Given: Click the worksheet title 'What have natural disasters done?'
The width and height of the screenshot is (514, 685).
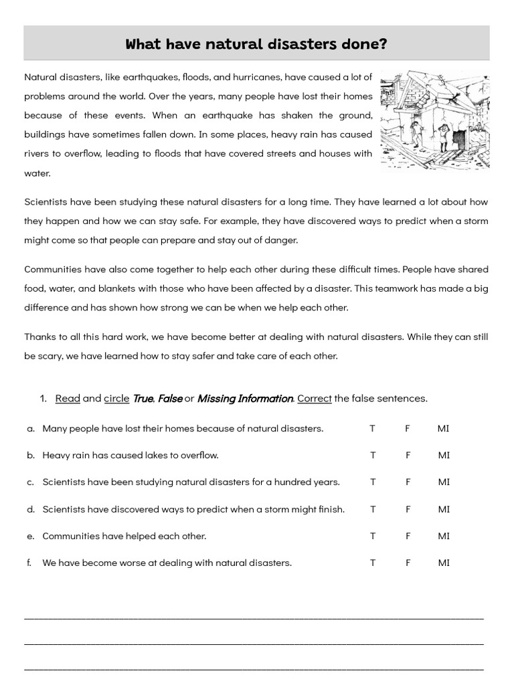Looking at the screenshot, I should [256, 44].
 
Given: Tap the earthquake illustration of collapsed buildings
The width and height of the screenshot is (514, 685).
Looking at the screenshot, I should [434, 120].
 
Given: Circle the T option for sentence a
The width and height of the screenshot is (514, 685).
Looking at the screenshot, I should [373, 428].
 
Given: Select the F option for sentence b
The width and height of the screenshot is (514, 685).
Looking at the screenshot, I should [407, 455].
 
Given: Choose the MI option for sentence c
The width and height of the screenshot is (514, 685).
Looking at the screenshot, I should [444, 482].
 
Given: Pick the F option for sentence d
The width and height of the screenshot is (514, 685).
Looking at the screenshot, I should [407, 509].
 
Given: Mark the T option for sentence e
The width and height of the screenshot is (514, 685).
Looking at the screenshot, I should [373, 536].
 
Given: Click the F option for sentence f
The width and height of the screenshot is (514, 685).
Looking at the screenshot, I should [407, 563].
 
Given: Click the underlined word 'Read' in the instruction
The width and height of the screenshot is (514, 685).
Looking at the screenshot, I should [68, 398].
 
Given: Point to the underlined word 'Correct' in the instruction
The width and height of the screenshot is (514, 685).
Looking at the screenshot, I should [315, 398].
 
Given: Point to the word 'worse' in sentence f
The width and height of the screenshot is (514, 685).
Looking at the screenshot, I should [115, 563].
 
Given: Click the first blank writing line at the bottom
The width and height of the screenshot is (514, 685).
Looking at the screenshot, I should [254, 617].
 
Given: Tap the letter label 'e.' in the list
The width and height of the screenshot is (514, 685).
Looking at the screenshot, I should [31, 536].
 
